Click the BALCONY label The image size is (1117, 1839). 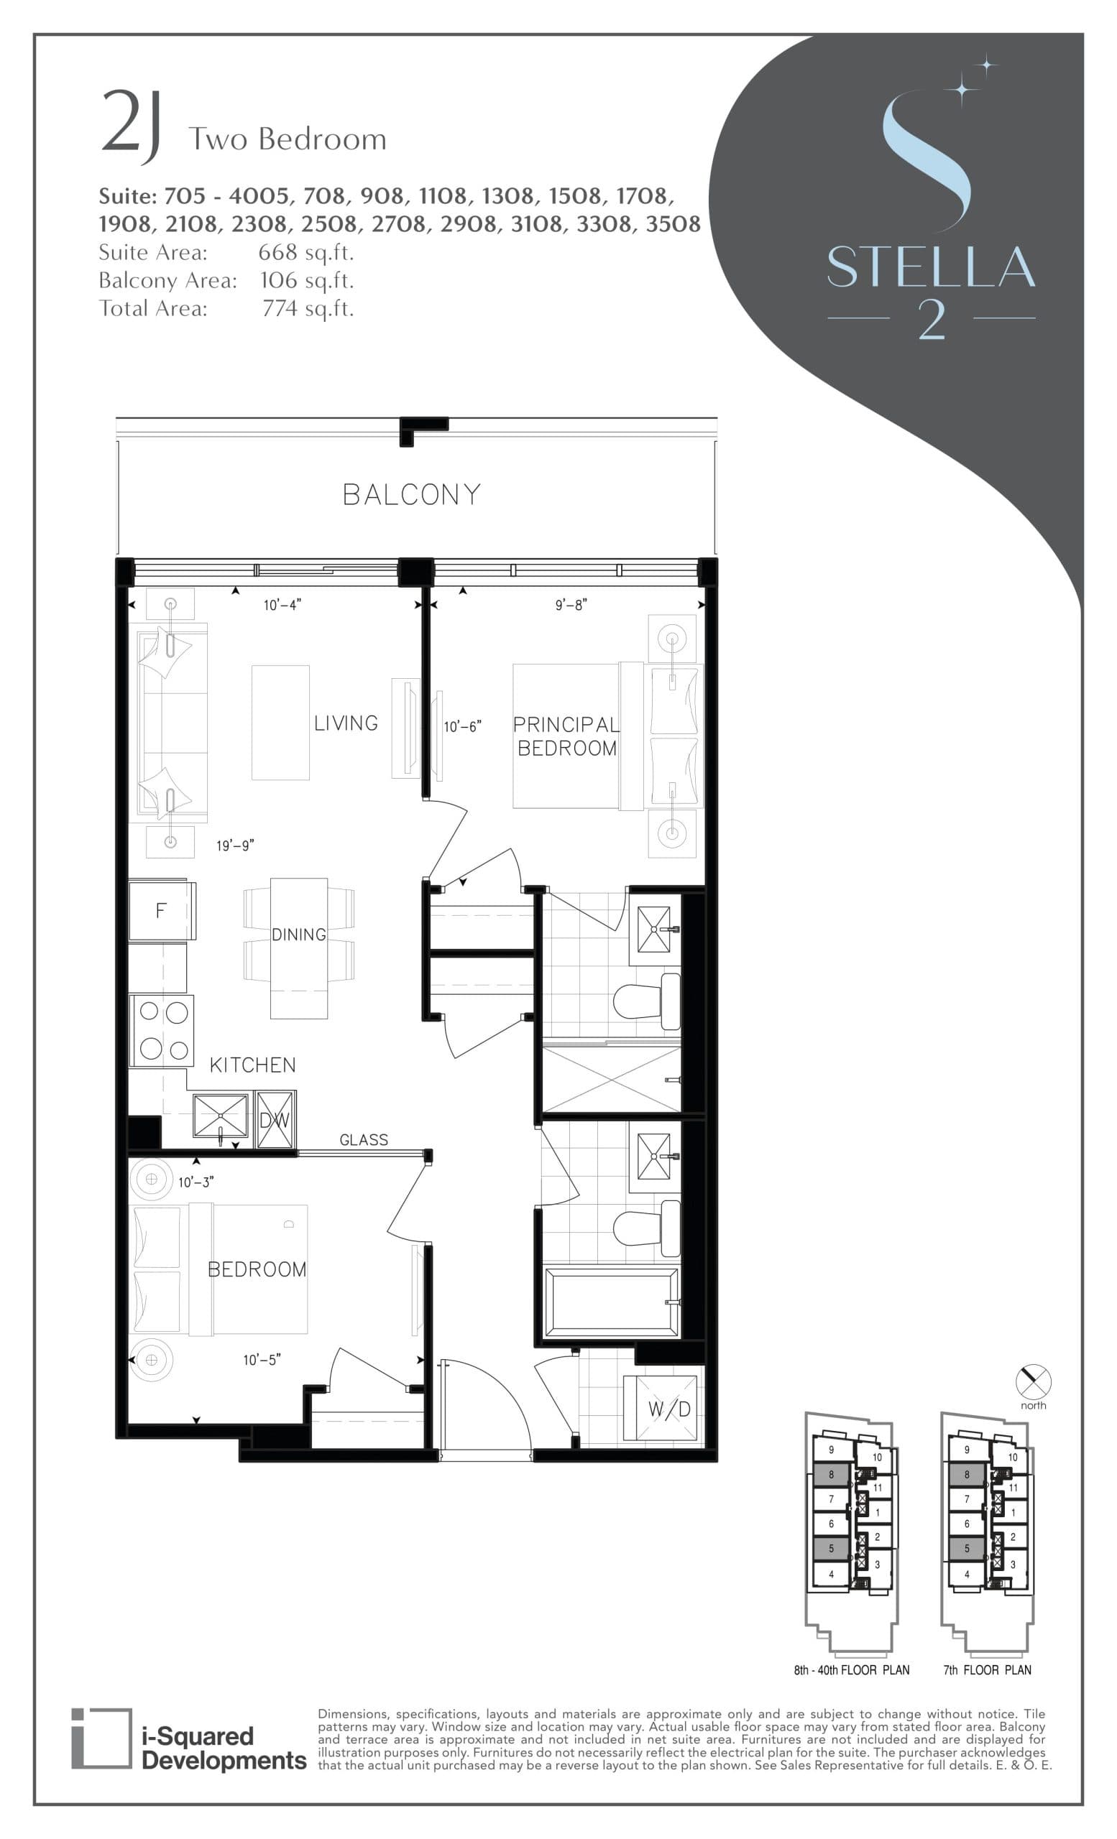click(x=411, y=494)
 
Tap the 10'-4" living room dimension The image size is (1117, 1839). click(x=282, y=605)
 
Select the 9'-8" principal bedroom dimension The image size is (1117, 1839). click(x=571, y=605)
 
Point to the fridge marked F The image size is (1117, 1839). click(x=160, y=911)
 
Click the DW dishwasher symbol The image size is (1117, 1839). click(x=275, y=1120)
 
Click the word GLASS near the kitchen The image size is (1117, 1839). click(x=364, y=1139)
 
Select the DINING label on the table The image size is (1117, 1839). click(x=299, y=935)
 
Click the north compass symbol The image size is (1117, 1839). click(x=1034, y=1381)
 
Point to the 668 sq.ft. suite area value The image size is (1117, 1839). click(x=306, y=252)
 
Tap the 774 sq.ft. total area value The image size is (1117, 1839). click(x=308, y=308)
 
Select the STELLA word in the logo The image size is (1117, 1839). click(x=930, y=267)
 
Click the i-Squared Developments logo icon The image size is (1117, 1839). click(x=101, y=1738)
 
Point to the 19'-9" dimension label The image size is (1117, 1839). click(x=235, y=846)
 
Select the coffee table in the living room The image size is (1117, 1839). click(x=281, y=723)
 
